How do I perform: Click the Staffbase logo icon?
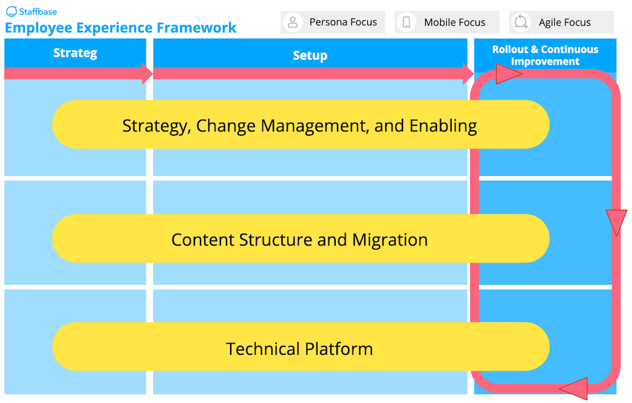[x=11, y=11]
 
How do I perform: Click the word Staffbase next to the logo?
[x=38, y=11]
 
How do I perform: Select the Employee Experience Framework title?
[x=120, y=28]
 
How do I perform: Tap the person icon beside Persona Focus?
[x=293, y=22]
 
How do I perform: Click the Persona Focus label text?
[x=343, y=22]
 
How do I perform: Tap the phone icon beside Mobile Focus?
[x=406, y=22]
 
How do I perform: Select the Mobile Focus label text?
[x=454, y=22]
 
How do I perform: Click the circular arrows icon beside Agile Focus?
[x=521, y=22]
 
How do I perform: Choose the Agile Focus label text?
[x=564, y=22]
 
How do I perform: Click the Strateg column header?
[x=75, y=53]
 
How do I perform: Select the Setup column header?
[x=310, y=56]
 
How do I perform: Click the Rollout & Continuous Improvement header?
[x=545, y=55]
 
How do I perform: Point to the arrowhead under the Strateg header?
[x=147, y=73]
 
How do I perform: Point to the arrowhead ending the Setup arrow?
[x=468, y=73]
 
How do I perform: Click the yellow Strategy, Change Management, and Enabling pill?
[x=300, y=125]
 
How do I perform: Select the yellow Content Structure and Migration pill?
[x=300, y=239]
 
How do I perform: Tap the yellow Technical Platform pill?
[x=300, y=347]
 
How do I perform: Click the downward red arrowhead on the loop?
[x=616, y=222]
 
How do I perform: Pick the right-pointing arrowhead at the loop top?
[x=509, y=75]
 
